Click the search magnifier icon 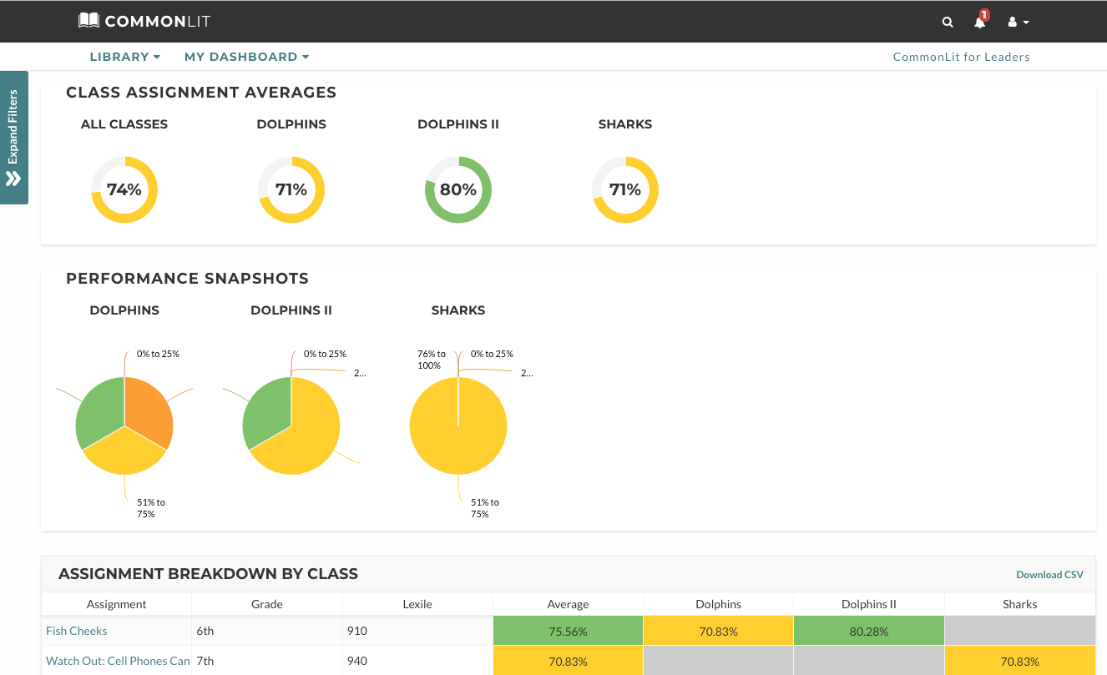click(x=948, y=22)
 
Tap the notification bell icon click(x=980, y=21)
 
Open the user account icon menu click(x=1018, y=22)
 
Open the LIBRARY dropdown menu click(x=124, y=57)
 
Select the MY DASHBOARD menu click(x=246, y=57)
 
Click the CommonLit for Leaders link click(x=961, y=57)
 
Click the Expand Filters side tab click(x=14, y=138)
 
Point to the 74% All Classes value click(x=124, y=189)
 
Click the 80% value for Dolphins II click(x=458, y=189)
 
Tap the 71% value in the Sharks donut click(x=625, y=189)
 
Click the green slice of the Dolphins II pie click(x=265, y=411)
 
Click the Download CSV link click(x=1049, y=574)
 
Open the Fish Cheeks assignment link click(x=77, y=631)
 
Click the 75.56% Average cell click(x=568, y=631)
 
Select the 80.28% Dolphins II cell click(x=869, y=631)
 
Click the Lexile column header click(x=417, y=604)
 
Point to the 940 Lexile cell click(x=356, y=661)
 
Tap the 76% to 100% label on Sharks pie click(x=431, y=360)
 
